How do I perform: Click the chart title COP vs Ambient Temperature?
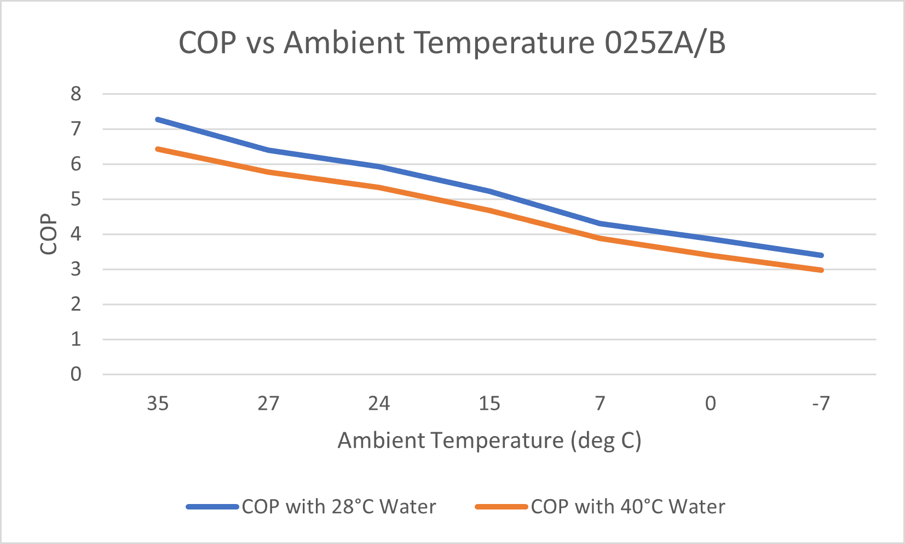pyautogui.click(x=452, y=43)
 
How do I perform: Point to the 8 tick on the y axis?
pyautogui.click(x=76, y=94)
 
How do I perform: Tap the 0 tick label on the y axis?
pyautogui.click(x=76, y=375)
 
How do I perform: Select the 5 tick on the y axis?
pyautogui.click(x=76, y=199)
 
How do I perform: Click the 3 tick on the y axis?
pyautogui.click(x=76, y=270)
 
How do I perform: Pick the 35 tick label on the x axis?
pyautogui.click(x=158, y=404)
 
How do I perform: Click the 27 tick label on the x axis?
pyautogui.click(x=268, y=404)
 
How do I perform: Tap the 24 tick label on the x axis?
pyautogui.click(x=379, y=404)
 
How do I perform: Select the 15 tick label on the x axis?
pyautogui.click(x=489, y=404)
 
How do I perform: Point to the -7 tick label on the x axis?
pyautogui.click(x=821, y=404)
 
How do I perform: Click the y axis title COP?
pyautogui.click(x=49, y=234)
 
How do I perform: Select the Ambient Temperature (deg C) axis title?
pyautogui.click(x=489, y=440)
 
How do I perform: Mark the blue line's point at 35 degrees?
pyautogui.click(x=158, y=119)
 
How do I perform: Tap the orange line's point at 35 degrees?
pyautogui.click(x=158, y=148)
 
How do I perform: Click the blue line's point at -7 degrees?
pyautogui.click(x=821, y=255)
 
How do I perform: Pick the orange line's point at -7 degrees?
pyautogui.click(x=821, y=270)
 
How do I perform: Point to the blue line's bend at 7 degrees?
pyautogui.click(x=600, y=224)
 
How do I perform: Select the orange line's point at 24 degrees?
pyautogui.click(x=379, y=187)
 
